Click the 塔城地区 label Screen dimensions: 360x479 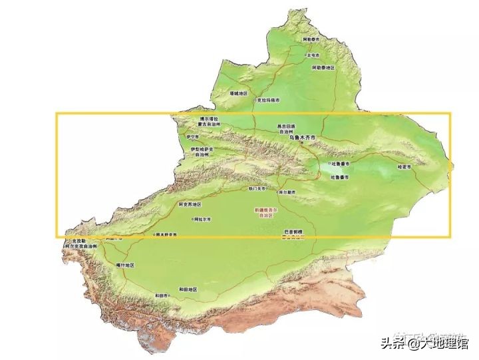click(238, 94)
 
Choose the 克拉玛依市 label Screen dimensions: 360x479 click(268, 100)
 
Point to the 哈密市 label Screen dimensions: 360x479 click(404, 166)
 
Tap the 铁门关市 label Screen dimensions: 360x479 click(257, 188)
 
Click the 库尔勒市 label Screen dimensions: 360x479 click(286, 192)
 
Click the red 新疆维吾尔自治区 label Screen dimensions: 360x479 click(264, 212)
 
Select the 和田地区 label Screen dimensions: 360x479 click(189, 289)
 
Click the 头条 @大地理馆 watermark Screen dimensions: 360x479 click(425, 343)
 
